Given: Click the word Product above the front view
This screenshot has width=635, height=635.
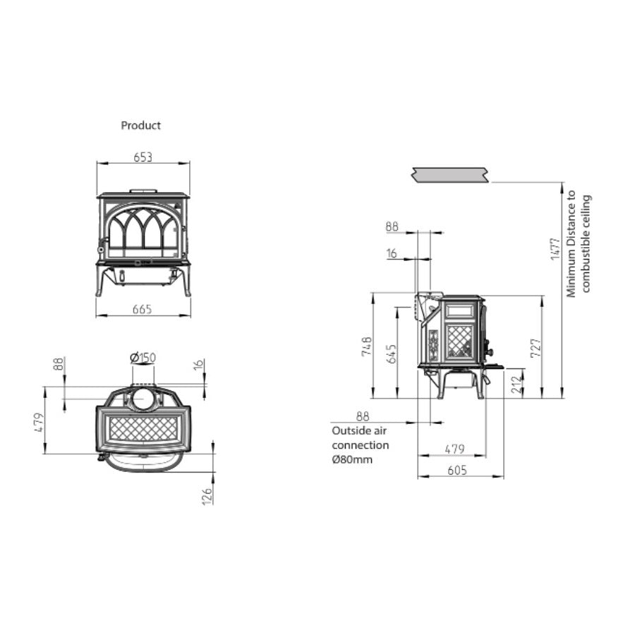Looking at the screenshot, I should pos(140,126).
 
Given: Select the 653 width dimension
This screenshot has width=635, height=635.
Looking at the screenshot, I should pos(143,157).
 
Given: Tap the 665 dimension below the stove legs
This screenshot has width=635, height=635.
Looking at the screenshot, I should pos(143,309).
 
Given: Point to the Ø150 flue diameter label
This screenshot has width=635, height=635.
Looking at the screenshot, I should pos(143,358).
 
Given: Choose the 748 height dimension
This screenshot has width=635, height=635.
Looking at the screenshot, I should pos(366,346).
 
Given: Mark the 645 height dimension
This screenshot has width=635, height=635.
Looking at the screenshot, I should pos(392,353).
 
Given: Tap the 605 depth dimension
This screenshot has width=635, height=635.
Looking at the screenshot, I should pos(457,471).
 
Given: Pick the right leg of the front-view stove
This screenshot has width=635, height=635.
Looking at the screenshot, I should pos(186,282).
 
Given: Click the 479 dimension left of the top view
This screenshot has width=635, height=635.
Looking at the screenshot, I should pos(39,421).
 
